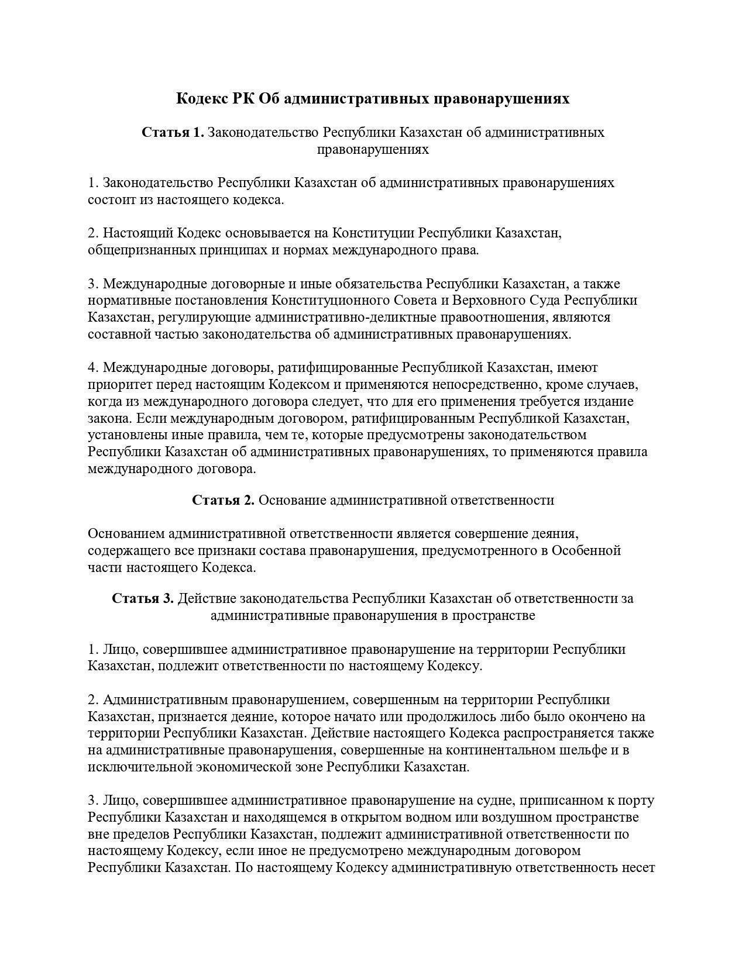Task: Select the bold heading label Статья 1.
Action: click(173, 132)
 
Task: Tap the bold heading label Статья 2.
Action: click(223, 500)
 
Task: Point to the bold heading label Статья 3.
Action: click(143, 598)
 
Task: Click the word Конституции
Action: click(373, 233)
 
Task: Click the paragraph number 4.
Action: click(92, 367)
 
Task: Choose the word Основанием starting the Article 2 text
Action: click(126, 533)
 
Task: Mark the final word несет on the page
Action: click(639, 867)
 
